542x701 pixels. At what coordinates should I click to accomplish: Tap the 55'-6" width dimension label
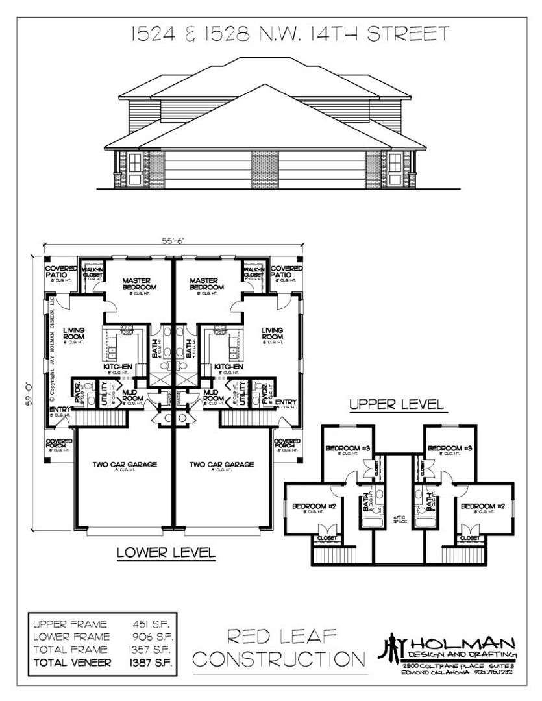pyautogui.click(x=175, y=240)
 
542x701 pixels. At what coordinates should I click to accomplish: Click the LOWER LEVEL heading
pyautogui.click(x=166, y=552)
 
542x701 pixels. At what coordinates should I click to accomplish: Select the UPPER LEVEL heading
pyautogui.click(x=397, y=404)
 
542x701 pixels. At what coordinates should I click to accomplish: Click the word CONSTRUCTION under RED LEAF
pyautogui.click(x=280, y=659)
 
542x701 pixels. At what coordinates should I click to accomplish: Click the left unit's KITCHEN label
pyautogui.click(x=117, y=367)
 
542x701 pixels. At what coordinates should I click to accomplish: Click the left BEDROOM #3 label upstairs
pyautogui.click(x=348, y=448)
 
